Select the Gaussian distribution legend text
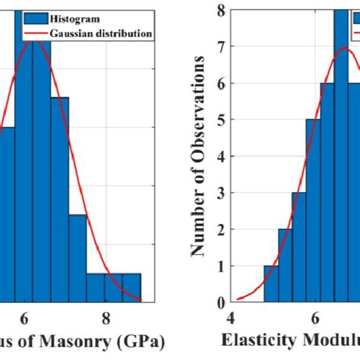(x=102, y=33)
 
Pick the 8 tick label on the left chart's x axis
(x=106, y=318)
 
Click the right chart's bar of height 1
(x=271, y=283)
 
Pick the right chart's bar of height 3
(x=299, y=247)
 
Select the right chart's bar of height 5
(x=313, y=211)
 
